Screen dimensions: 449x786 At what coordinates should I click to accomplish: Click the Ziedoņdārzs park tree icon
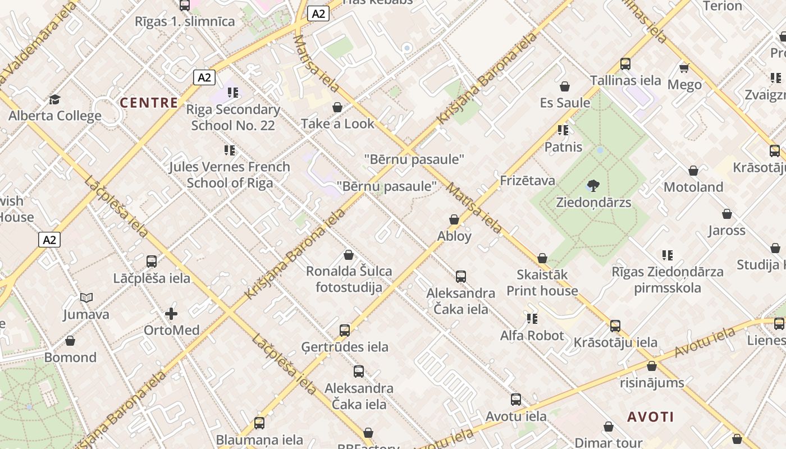[x=593, y=186]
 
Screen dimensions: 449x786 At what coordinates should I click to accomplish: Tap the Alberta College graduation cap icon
[x=54, y=99]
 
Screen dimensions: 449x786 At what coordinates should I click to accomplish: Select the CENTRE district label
[x=149, y=103]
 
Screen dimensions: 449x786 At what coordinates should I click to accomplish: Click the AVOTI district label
[x=650, y=417]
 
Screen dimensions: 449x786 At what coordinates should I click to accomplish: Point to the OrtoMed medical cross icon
[x=171, y=314]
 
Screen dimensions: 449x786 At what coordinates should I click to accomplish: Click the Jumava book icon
[x=86, y=297]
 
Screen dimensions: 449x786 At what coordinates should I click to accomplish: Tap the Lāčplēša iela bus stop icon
[x=152, y=261]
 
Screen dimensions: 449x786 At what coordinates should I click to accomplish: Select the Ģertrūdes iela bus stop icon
[x=345, y=331]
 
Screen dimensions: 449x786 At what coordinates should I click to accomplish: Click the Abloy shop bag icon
[x=454, y=219]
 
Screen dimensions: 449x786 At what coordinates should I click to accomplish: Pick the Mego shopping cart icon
[x=684, y=68]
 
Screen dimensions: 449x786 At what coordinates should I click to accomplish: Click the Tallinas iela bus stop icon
[x=625, y=64]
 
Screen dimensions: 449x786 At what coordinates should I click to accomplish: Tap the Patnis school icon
[x=563, y=131]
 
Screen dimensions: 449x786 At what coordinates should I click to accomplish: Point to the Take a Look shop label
[x=337, y=123]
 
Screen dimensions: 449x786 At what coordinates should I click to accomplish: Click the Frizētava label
[x=527, y=181]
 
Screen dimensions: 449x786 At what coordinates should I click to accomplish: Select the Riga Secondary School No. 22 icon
[x=232, y=93]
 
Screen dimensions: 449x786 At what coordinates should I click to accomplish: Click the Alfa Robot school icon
[x=532, y=319]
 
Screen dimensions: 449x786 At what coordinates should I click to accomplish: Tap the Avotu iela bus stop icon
[x=516, y=400]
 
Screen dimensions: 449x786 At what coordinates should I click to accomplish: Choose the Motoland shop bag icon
[x=693, y=171]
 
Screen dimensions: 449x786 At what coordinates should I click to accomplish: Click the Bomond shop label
[x=70, y=358]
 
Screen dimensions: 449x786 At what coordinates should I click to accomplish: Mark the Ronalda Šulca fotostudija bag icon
[x=349, y=255]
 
